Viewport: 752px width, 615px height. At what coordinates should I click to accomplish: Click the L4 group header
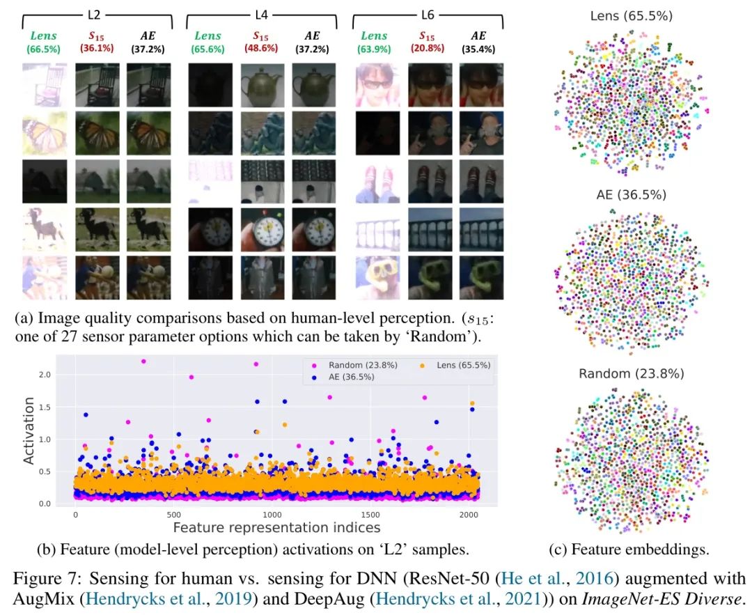262,15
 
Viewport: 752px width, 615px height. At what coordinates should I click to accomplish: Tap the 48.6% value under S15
262,49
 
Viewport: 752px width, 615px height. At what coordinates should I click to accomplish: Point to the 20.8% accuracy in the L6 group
428,49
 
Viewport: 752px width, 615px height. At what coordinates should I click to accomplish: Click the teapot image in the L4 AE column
313,86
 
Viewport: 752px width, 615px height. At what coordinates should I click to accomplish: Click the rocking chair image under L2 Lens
45,86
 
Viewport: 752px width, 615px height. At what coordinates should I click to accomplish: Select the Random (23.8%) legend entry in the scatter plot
334,365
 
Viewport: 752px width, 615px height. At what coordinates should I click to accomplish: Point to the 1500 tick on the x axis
364,515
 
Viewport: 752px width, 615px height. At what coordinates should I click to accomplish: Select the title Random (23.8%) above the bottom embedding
632,373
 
